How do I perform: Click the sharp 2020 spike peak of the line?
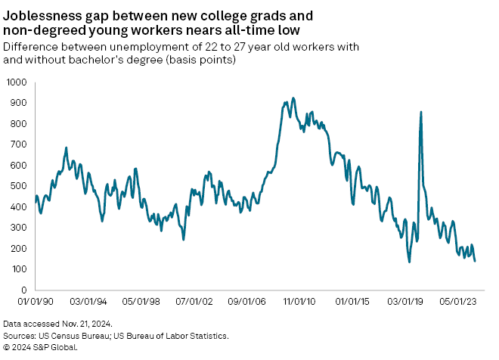(421, 112)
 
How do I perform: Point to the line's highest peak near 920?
(293, 98)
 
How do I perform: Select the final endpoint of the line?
(475, 262)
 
